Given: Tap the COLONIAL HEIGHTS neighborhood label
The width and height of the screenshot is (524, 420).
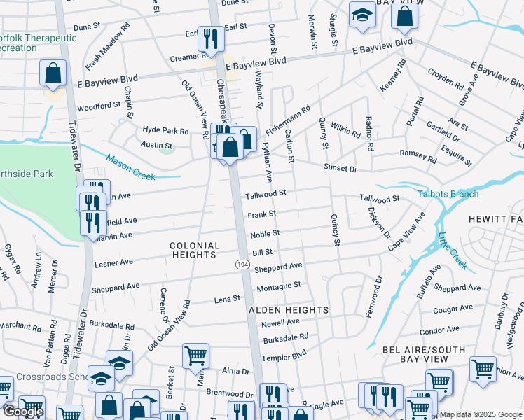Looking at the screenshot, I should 195,251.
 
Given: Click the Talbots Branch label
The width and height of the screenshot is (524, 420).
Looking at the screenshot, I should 448,194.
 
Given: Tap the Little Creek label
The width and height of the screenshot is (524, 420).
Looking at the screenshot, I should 452,250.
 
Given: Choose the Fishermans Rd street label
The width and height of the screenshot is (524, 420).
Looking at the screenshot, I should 287,120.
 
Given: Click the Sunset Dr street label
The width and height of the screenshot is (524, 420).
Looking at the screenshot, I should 340,169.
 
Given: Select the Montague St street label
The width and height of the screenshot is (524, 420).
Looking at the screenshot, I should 278,286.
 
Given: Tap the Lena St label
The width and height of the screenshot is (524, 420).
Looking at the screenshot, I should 227,300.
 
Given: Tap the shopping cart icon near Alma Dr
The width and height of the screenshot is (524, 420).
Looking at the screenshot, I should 195,355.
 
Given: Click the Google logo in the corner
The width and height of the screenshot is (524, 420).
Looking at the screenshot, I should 23,412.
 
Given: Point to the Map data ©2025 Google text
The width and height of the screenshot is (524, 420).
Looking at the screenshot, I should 481,414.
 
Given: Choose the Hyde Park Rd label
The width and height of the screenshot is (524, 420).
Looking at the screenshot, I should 166,131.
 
